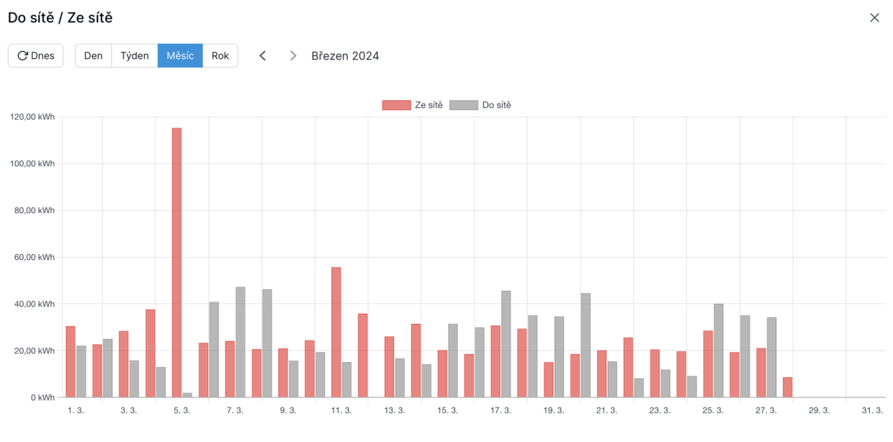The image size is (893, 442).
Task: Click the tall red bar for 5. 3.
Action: [176, 263]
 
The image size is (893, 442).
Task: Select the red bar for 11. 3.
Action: [336, 332]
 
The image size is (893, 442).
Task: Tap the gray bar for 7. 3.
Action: [241, 342]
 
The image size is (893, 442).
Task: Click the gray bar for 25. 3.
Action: [719, 350]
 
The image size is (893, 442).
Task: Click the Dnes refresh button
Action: [36, 55]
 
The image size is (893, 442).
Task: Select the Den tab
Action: [94, 55]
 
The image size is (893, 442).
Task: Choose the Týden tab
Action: [135, 55]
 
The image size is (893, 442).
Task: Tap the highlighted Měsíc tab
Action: [180, 55]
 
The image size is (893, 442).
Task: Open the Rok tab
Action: [220, 55]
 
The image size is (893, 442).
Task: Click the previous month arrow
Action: [263, 55]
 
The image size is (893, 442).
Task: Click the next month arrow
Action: [293, 55]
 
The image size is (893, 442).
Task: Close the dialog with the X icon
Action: [874, 17]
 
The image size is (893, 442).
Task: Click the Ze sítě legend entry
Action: [413, 105]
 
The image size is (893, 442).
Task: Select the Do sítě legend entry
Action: [480, 105]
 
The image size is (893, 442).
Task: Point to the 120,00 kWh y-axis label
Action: [32, 117]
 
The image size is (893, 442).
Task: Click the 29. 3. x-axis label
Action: [820, 410]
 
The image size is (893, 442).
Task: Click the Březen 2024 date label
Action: [345, 55]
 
